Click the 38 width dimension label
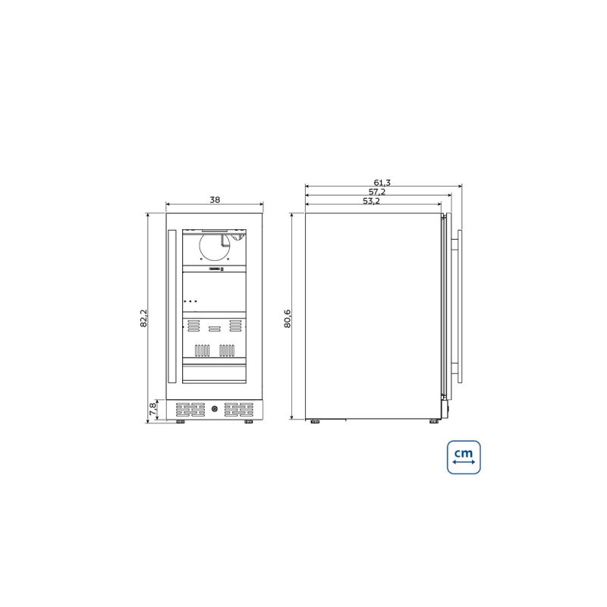[x=215, y=200]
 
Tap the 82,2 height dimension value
[x=143, y=318]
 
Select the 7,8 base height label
[x=153, y=409]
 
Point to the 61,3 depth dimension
[x=382, y=182]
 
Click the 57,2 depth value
[x=376, y=192]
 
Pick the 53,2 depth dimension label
[x=371, y=201]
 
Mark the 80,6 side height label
[x=288, y=319]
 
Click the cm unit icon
[x=464, y=458]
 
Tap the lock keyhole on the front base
[x=215, y=409]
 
